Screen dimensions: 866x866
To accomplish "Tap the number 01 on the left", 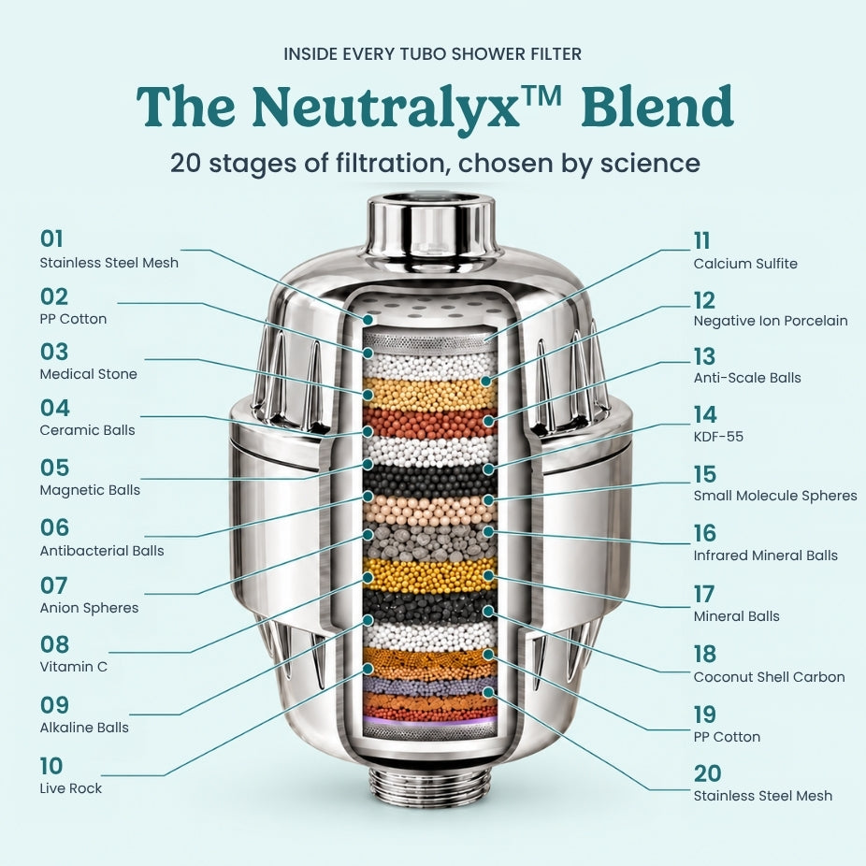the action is click(51, 239).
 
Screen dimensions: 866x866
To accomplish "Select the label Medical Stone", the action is click(88, 374).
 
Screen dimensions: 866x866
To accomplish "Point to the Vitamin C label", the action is click(74, 667).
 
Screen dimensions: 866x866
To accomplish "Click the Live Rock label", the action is click(71, 788).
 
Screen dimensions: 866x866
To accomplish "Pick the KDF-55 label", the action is click(718, 437).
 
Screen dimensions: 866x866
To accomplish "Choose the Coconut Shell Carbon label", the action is click(770, 676).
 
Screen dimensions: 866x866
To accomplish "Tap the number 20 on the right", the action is click(708, 773).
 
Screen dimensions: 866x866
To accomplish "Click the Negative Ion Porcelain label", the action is click(771, 321).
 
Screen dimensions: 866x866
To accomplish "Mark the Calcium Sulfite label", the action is click(745, 264).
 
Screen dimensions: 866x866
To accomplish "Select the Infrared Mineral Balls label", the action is click(766, 556).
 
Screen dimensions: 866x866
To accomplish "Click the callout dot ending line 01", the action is click(368, 319).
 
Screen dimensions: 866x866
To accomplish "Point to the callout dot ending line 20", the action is click(487, 692).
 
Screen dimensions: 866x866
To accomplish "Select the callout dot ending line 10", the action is click(368, 669).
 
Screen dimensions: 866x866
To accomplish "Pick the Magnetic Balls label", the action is click(90, 490).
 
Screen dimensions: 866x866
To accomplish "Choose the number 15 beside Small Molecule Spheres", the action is click(705, 474).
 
